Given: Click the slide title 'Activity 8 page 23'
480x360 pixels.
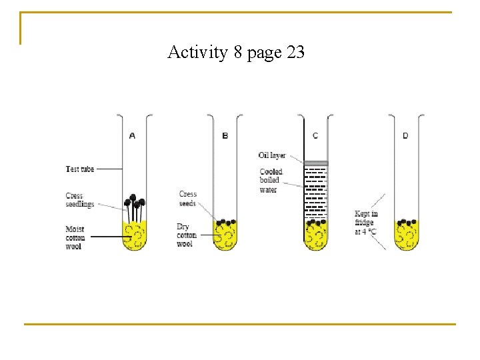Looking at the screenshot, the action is pos(236,52).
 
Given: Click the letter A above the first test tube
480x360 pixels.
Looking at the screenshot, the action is pos(132,136).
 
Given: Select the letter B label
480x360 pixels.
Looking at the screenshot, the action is pos(225,136).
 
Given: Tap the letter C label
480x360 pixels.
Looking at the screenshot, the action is pos(315,136).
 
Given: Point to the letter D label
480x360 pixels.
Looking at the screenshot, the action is pos(405,136).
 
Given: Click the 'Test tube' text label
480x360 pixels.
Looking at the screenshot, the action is pos(80,169).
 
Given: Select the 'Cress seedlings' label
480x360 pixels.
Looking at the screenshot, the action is pos(79,200).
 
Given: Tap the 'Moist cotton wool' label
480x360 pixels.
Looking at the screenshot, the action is pos(75,238).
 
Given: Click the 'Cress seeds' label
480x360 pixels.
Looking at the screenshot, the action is pos(188,199).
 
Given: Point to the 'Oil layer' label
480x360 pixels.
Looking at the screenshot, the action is pos(272,155).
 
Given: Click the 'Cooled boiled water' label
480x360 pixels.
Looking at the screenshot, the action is pos(271,181).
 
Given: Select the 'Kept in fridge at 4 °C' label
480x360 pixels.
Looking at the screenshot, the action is pos(366,223).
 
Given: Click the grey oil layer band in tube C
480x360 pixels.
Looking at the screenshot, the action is pos(316,163).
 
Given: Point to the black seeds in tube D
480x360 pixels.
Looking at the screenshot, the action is pos(406,222).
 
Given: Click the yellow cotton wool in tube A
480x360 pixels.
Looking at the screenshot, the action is pos(135,236).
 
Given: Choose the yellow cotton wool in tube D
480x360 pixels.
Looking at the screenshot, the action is pos(406,237).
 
